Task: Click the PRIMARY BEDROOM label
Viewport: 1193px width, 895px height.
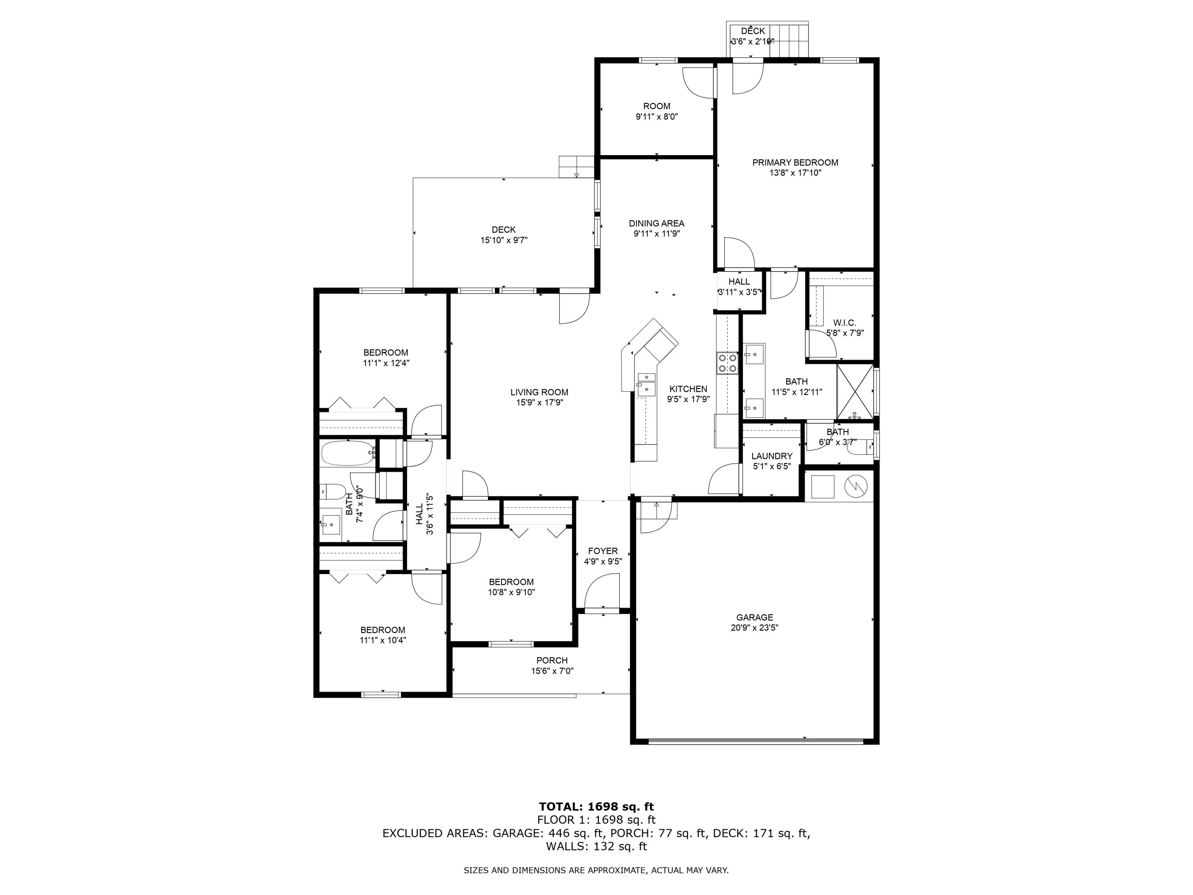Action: (795, 162)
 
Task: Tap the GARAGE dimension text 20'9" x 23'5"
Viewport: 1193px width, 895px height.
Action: (754, 627)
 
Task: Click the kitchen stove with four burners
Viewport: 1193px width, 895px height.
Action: (727, 362)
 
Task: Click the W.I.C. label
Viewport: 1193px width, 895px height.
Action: (844, 323)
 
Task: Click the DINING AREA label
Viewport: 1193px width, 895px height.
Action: (657, 223)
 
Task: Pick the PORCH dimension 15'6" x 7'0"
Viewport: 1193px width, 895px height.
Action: (552, 671)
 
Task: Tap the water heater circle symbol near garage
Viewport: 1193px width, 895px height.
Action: (855, 486)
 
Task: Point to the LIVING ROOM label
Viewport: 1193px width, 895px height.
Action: (539, 392)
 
